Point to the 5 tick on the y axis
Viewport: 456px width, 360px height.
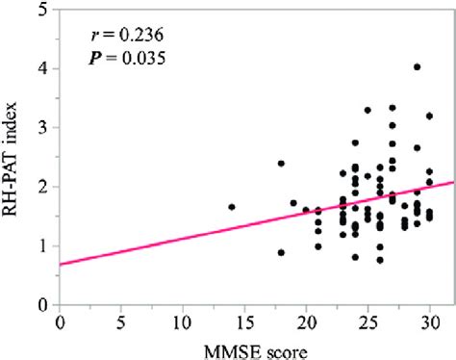click(44, 10)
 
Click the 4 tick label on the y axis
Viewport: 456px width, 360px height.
click(44, 68)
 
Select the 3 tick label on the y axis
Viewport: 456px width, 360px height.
click(44, 128)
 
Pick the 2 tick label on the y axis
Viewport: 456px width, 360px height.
click(44, 187)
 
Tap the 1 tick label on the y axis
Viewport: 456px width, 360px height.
click(44, 246)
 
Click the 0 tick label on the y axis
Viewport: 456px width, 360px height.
click(44, 305)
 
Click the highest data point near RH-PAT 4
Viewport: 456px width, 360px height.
click(417, 67)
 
